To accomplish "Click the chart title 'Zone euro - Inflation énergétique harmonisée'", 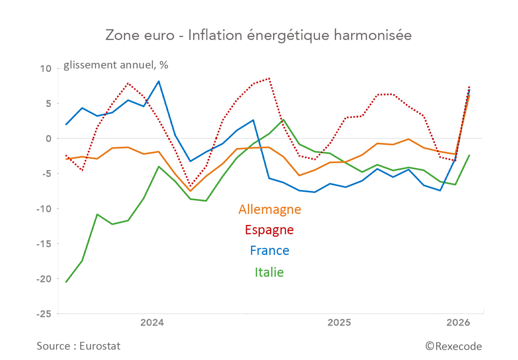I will [x=259, y=35].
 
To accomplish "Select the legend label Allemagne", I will [x=269, y=209].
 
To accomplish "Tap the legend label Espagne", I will [x=269, y=230].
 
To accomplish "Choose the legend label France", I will [x=269, y=250].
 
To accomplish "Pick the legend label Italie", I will [x=269, y=272].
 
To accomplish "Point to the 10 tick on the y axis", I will [x=46, y=69].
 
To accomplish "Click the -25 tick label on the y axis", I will [x=44, y=314].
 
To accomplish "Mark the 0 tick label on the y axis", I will [x=48, y=139].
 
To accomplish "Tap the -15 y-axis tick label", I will [x=44, y=244].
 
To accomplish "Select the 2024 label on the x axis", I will [x=152, y=323].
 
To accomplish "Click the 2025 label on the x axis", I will [x=339, y=323].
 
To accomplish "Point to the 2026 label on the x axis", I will [x=458, y=323].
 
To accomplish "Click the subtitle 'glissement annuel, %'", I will [x=116, y=65].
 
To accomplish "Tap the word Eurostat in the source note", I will [x=100, y=346].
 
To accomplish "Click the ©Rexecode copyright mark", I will [x=454, y=346].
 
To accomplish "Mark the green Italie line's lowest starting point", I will [x=66, y=282].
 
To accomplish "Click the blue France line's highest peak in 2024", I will [x=159, y=81].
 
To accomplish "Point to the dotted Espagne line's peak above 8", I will [x=269, y=79].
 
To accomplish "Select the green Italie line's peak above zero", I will [x=284, y=120].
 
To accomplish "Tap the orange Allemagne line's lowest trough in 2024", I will [x=190, y=191].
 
